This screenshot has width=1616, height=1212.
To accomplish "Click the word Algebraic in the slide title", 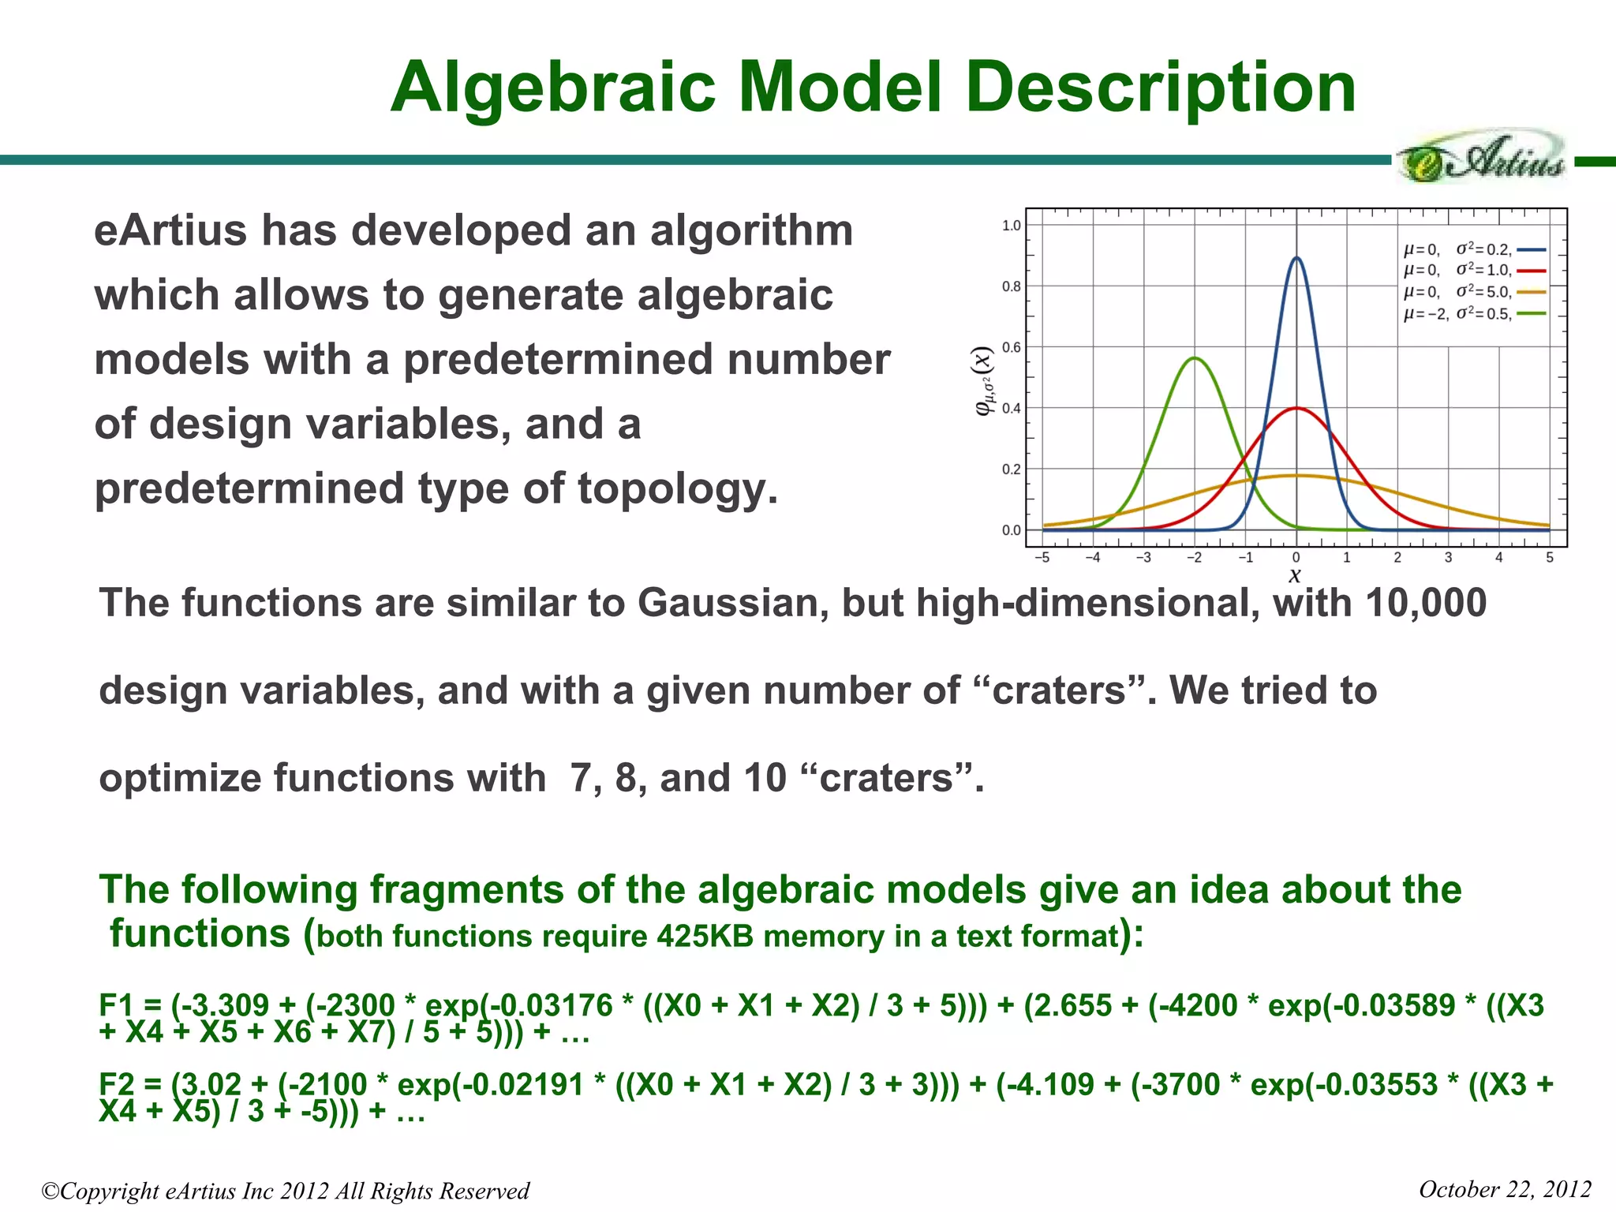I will tap(552, 88).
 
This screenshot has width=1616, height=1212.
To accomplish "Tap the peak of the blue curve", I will tap(1296, 258).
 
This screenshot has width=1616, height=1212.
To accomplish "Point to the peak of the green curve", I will tap(1195, 358).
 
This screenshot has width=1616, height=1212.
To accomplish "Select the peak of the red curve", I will tap(1296, 409).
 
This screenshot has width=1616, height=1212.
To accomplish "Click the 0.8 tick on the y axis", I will tap(1011, 286).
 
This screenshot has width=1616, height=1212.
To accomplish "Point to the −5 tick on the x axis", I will tap(1042, 558).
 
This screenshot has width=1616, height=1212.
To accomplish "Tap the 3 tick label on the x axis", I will tap(1448, 558).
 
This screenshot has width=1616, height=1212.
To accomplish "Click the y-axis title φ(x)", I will tap(983, 382).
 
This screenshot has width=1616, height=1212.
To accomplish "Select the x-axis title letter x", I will tap(1295, 576).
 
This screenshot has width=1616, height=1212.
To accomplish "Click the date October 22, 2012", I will tap(1504, 1189).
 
